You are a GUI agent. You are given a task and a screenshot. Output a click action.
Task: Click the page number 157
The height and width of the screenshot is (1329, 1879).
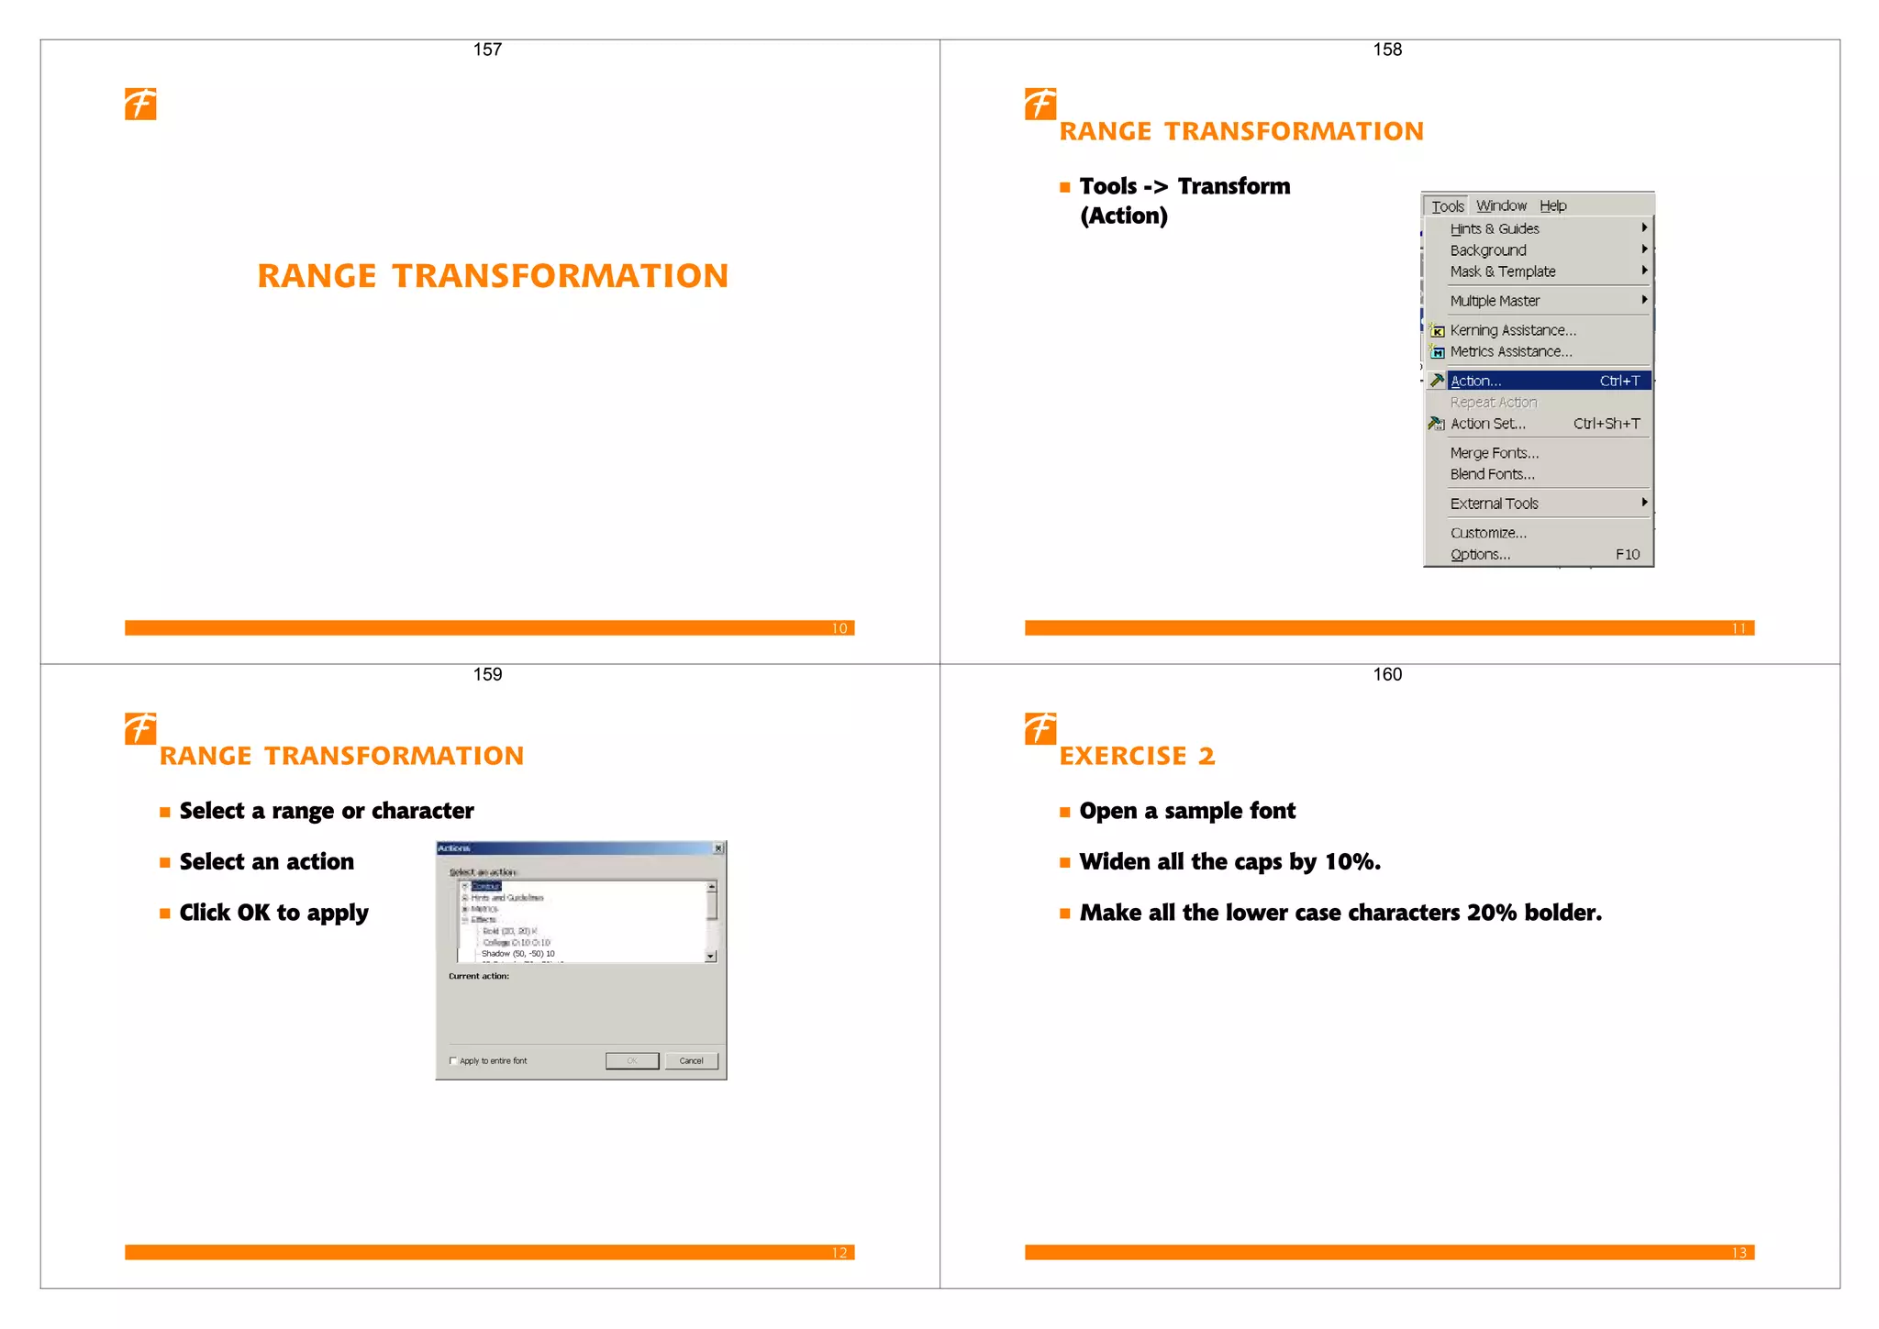click(487, 50)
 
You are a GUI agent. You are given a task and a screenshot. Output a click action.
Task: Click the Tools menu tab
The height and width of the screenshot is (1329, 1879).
click(1447, 206)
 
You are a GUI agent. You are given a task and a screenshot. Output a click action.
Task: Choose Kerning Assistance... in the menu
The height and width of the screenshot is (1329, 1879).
click(1512, 330)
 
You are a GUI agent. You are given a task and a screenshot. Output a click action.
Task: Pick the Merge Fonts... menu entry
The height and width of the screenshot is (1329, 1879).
click(1494, 453)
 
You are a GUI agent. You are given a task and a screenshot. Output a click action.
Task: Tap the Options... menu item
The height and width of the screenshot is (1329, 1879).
click(1479, 554)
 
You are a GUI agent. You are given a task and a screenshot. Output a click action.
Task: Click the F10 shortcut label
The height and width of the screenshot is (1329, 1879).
click(1627, 554)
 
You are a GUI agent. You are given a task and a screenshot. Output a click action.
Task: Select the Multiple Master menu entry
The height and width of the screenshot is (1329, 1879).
click(1495, 301)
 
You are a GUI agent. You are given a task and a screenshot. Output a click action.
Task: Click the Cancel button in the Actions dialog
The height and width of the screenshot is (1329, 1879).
click(691, 1061)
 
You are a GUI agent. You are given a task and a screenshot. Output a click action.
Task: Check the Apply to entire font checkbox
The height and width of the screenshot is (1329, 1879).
click(453, 1061)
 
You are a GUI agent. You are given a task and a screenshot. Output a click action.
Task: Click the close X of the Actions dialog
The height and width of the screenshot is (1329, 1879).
click(718, 848)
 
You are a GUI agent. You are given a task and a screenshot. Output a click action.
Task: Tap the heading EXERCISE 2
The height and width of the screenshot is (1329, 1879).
click(1137, 756)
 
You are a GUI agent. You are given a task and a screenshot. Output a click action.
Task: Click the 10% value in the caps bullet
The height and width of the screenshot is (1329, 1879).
click(1351, 862)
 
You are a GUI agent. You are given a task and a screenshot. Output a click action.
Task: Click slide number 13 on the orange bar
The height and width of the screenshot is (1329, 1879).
click(1739, 1253)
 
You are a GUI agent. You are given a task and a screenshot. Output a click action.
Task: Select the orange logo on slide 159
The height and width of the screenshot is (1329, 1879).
click(140, 729)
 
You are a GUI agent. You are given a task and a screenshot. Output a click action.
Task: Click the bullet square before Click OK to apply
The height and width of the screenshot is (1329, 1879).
click(165, 914)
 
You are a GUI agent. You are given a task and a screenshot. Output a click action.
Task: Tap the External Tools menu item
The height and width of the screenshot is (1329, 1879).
click(1494, 504)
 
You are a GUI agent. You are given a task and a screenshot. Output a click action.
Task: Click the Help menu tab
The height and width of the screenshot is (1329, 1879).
click(1552, 206)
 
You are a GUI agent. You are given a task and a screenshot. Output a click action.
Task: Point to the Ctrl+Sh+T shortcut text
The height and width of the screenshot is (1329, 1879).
click(1606, 424)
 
